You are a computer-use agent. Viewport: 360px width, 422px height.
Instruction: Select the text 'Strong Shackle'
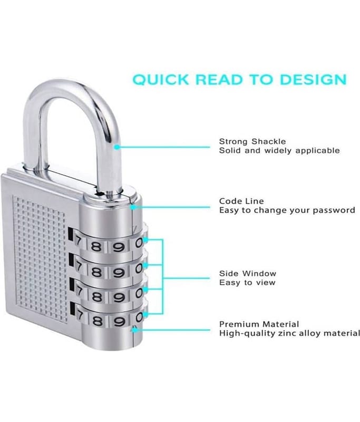252,141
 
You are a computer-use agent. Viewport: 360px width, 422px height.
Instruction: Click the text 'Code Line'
241,201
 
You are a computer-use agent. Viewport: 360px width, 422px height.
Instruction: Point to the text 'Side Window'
248,273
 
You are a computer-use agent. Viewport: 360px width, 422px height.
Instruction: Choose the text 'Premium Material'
259,324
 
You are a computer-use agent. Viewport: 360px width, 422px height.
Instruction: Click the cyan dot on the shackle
116,147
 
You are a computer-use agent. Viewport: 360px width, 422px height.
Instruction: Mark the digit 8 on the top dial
96,246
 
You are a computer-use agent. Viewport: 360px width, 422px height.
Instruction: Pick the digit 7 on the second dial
79,267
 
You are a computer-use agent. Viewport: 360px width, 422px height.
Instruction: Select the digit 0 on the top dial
139,243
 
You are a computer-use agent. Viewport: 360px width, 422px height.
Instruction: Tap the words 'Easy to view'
247,283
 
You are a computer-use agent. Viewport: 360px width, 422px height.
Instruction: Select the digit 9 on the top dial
119,246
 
